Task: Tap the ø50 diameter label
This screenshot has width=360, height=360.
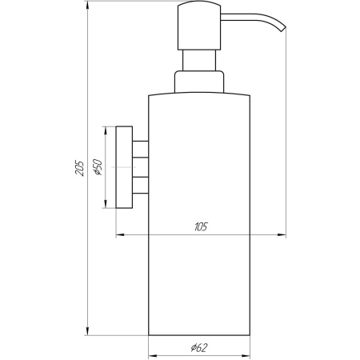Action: pyautogui.click(x=97, y=167)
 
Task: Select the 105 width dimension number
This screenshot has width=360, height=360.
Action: pyautogui.click(x=199, y=228)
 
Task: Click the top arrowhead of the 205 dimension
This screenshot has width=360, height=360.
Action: pyautogui.click(x=86, y=6)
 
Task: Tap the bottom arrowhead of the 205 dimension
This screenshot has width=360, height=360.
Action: pyautogui.click(x=86, y=332)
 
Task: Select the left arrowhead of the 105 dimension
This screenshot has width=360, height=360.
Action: pyautogui.click(x=121, y=236)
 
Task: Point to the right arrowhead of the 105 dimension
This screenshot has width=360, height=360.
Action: pyautogui.click(x=282, y=236)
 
